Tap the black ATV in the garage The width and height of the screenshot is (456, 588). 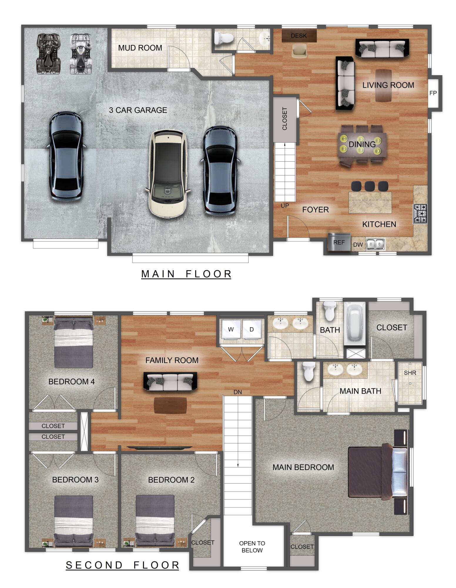tap(48, 54)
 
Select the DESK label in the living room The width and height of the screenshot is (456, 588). tap(299, 36)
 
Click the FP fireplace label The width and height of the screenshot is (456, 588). tap(433, 93)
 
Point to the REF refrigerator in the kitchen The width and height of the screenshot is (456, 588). tap(339, 242)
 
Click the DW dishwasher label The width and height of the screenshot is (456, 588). tap(358, 245)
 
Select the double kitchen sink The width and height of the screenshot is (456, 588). tap(375, 244)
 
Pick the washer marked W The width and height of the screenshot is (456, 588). tap(231, 329)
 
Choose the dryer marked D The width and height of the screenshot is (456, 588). tap(252, 329)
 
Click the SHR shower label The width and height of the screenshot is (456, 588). tap(410, 373)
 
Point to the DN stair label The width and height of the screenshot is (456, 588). tap(238, 392)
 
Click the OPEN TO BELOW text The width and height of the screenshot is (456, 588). tap(252, 547)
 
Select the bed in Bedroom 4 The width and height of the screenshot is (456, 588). tap(73, 343)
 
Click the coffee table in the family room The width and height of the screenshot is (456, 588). tap(170, 405)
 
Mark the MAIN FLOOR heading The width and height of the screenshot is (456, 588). tap(186, 274)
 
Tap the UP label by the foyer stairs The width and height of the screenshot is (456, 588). tap(285, 206)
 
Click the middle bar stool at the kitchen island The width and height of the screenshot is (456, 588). tap(370, 186)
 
